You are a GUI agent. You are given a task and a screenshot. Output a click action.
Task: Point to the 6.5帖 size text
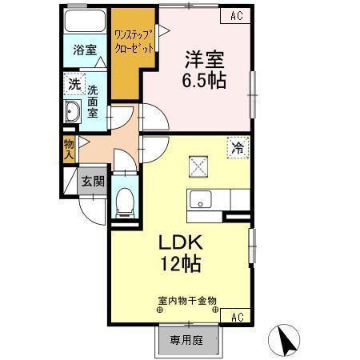point(204,80)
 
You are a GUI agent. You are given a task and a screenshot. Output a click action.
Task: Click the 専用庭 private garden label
point(188,338)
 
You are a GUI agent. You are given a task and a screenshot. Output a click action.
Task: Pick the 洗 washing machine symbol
point(74,82)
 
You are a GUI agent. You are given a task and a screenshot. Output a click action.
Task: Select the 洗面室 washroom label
point(94,100)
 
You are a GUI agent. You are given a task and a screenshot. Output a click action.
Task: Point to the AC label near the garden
point(237,318)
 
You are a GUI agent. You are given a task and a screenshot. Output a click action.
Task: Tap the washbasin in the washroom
point(72,112)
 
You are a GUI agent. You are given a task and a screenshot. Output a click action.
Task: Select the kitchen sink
point(198,200)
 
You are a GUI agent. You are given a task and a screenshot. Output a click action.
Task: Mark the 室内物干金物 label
point(187,302)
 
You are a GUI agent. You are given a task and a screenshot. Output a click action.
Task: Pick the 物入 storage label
point(70,149)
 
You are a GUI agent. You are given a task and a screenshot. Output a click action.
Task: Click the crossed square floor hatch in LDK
point(198,166)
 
